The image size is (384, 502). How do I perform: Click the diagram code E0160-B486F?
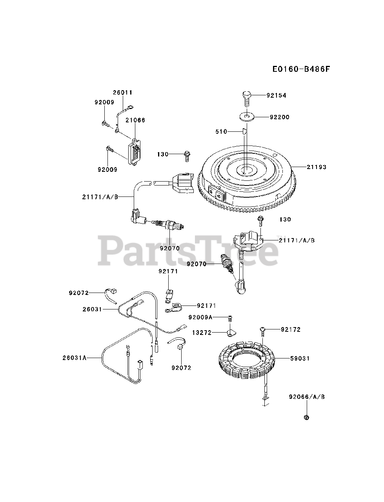(301, 69)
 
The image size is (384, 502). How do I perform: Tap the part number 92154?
(277, 95)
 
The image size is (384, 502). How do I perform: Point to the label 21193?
(316, 167)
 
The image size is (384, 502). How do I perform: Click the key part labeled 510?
(244, 131)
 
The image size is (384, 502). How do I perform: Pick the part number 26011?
(123, 93)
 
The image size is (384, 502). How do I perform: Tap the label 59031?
(300, 358)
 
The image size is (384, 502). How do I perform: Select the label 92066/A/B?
(308, 397)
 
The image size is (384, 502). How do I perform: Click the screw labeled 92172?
(263, 331)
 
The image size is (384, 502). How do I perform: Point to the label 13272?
(202, 333)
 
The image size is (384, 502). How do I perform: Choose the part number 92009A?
(200, 317)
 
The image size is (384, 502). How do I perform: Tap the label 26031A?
(74, 358)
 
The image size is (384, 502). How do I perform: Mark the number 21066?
(135, 120)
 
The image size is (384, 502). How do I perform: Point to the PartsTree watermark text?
(187, 249)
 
